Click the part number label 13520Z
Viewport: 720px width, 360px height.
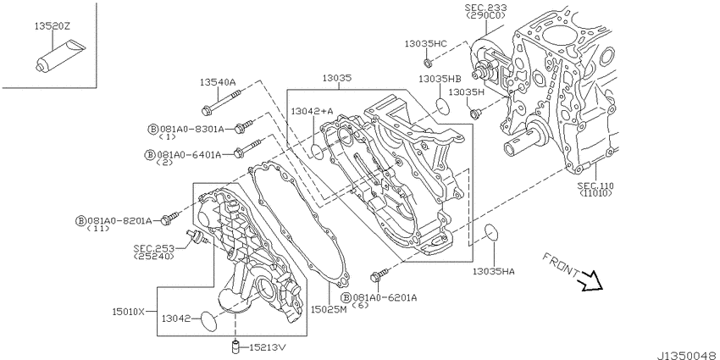[x=53, y=26]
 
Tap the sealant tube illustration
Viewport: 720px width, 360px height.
[x=60, y=56]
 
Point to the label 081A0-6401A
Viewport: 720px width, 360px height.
[x=189, y=155]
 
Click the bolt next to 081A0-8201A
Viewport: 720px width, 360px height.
[x=169, y=219]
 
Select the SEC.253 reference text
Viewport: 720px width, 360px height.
[x=154, y=248]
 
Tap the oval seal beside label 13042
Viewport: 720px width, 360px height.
[x=209, y=320]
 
